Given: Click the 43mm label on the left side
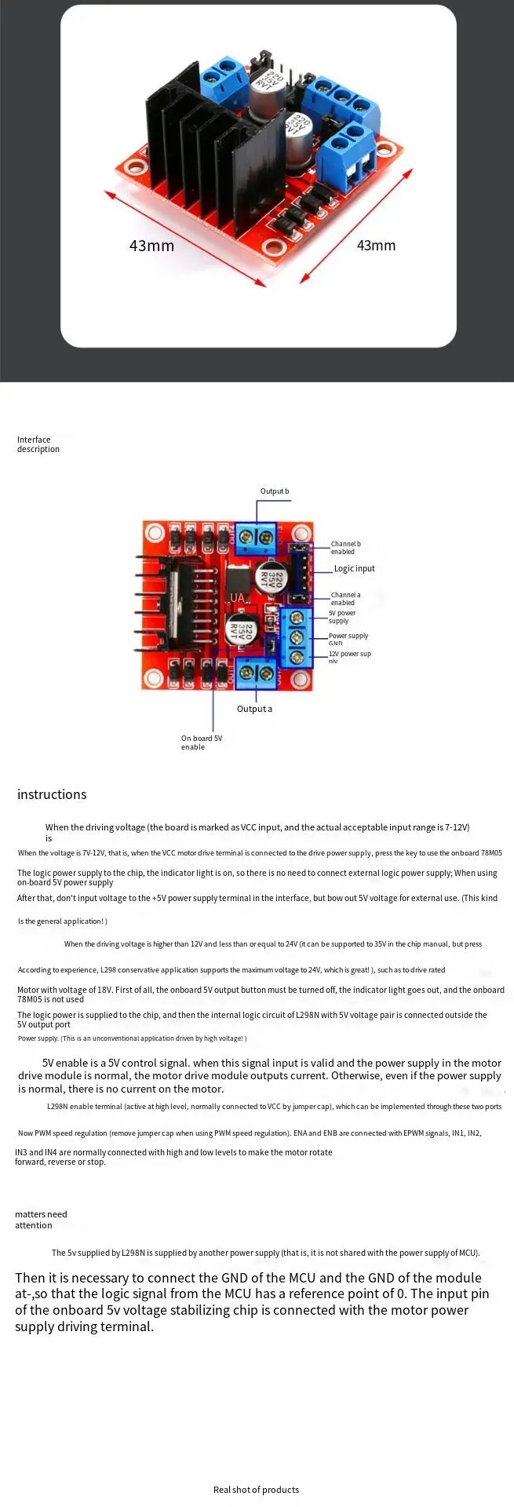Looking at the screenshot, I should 151,246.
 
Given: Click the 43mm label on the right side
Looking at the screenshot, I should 376,246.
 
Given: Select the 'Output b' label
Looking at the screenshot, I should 275,491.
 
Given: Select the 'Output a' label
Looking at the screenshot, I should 254,709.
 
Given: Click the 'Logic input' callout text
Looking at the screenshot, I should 354,568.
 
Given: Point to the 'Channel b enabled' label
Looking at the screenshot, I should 345,547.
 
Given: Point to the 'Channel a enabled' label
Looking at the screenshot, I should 345,599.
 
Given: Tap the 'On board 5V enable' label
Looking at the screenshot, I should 201,743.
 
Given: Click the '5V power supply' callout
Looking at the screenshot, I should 341,617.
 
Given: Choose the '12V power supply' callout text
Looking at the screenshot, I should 349,655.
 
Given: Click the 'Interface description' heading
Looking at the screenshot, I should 38,444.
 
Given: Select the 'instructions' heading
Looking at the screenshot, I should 52,794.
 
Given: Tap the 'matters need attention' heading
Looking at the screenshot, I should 41,1219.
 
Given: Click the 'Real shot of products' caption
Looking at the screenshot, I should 256,1489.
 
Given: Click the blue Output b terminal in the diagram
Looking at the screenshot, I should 256,535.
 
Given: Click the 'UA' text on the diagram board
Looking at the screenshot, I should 237,598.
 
